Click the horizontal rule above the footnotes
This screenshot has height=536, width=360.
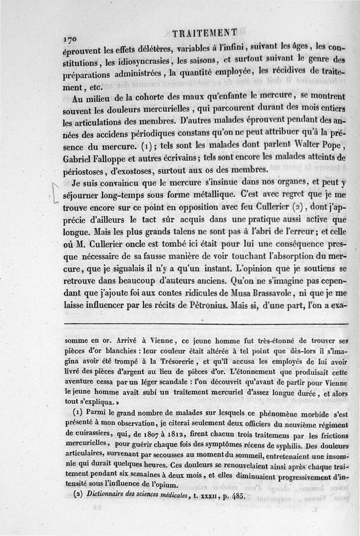(207, 324)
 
